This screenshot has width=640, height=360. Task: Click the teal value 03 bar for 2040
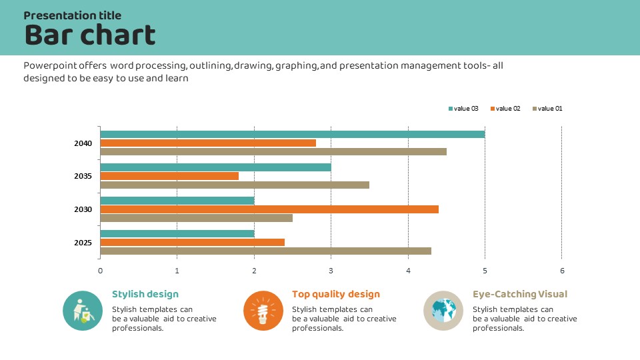coord(292,135)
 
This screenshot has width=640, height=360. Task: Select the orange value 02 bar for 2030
coord(269,209)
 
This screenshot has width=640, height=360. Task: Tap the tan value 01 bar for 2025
coord(265,251)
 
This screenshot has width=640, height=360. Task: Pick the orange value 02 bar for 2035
coord(169,176)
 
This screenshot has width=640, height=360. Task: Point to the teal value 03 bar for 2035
coord(215,167)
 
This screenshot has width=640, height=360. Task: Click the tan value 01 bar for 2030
coord(196,218)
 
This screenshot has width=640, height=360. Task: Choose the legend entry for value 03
coord(464,109)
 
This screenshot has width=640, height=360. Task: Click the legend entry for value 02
coord(505,109)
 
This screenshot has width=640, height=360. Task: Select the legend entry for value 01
coord(547,109)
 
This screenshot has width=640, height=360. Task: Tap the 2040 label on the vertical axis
coord(83,143)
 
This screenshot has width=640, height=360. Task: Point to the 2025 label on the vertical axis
coord(83,243)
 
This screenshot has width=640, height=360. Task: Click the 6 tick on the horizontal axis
coord(562,271)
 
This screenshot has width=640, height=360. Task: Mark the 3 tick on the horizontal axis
coord(331,271)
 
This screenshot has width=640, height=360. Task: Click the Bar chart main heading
coord(90,35)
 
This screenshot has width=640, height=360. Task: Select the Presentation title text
coord(73,15)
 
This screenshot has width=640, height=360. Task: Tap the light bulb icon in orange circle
coord(263,311)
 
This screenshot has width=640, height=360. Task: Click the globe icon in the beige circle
coord(443,311)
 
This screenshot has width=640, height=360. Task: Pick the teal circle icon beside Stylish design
coord(83,311)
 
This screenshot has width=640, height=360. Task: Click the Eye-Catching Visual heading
coord(520,294)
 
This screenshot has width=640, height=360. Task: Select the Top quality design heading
coord(336,294)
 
